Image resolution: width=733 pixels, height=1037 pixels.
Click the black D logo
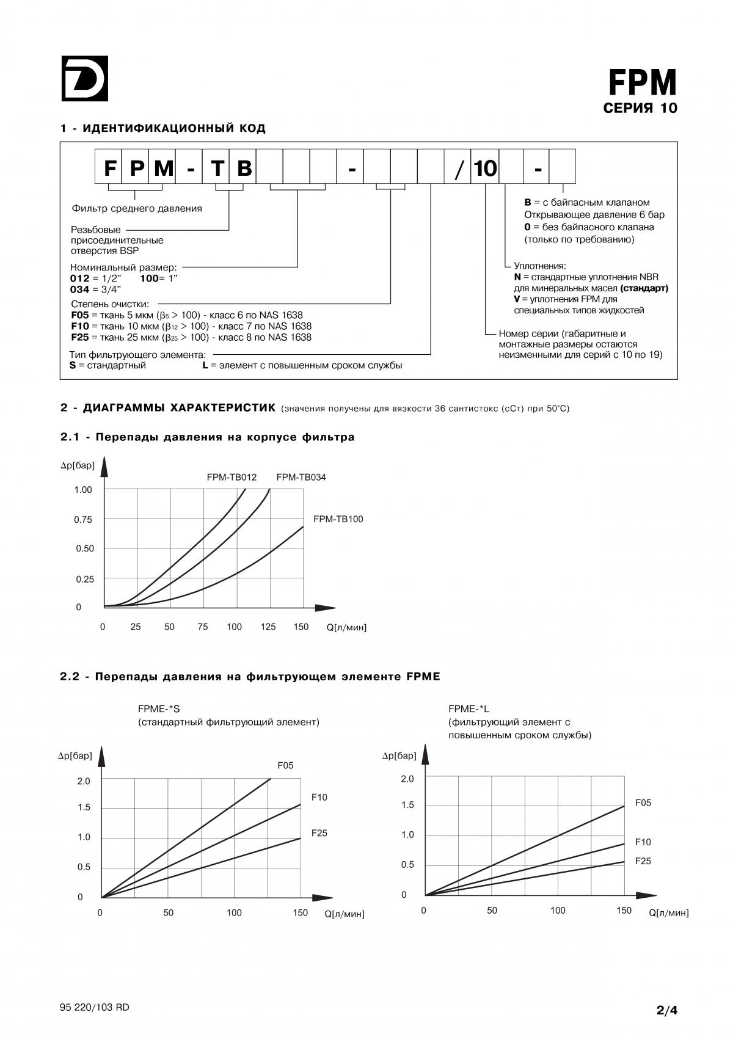pyautogui.click(x=84, y=78)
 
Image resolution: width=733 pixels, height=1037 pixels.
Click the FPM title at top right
pyautogui.click(x=643, y=82)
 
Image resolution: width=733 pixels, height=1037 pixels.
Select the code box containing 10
pyautogui.click(x=485, y=167)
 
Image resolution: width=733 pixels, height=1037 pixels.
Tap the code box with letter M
pyautogui.click(x=162, y=167)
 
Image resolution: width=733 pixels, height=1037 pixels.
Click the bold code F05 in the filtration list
pyautogui.click(x=80, y=315)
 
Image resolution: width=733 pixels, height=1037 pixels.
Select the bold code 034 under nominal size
pyautogui.click(x=80, y=289)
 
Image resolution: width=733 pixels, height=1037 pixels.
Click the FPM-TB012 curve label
pyautogui.click(x=232, y=477)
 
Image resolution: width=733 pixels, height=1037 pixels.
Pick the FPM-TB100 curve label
pyautogui.click(x=338, y=519)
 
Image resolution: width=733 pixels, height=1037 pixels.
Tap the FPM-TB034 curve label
pyautogui.click(x=301, y=477)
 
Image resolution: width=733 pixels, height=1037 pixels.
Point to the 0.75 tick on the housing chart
pyautogui.click(x=83, y=520)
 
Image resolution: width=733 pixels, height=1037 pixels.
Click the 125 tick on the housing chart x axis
pyautogui.click(x=268, y=627)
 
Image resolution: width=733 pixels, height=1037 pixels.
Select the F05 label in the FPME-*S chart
pyautogui.click(x=285, y=765)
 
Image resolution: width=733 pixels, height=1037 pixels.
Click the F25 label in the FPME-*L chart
pyautogui.click(x=643, y=861)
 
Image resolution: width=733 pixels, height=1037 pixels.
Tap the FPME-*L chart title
pyautogui.click(x=469, y=709)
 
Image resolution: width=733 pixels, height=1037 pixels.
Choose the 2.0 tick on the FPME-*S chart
pyautogui.click(x=84, y=781)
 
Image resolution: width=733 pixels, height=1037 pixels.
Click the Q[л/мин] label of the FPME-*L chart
pyautogui.click(x=668, y=913)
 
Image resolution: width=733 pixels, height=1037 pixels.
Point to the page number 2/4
pyautogui.click(x=667, y=1010)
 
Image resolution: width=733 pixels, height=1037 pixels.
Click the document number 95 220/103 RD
pyautogui.click(x=95, y=1007)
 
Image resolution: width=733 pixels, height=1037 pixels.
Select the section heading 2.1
pyautogui.click(x=207, y=437)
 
